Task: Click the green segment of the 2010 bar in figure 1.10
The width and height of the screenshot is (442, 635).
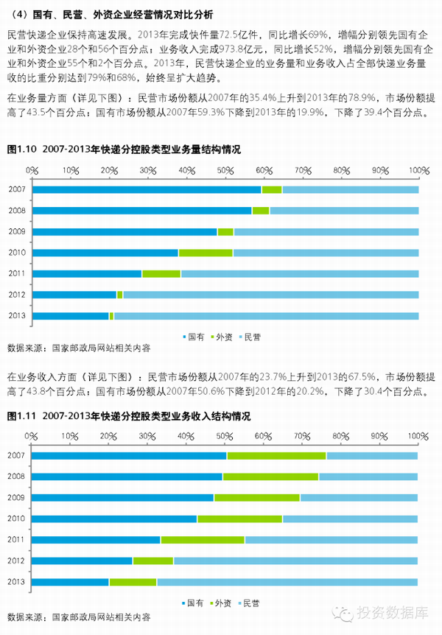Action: [206, 253]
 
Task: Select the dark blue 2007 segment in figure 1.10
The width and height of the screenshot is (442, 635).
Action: [147, 189]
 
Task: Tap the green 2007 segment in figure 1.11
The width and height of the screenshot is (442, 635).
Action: [276, 455]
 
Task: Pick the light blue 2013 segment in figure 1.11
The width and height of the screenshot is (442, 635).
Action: [287, 582]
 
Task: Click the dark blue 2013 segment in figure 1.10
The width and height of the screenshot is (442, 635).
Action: [70, 316]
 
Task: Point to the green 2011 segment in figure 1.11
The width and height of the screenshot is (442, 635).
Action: [203, 540]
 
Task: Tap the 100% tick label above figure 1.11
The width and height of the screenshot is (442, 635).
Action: [417, 436]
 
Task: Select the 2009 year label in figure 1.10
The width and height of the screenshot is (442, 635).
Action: [17, 232]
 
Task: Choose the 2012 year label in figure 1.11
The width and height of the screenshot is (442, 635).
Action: [17, 561]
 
